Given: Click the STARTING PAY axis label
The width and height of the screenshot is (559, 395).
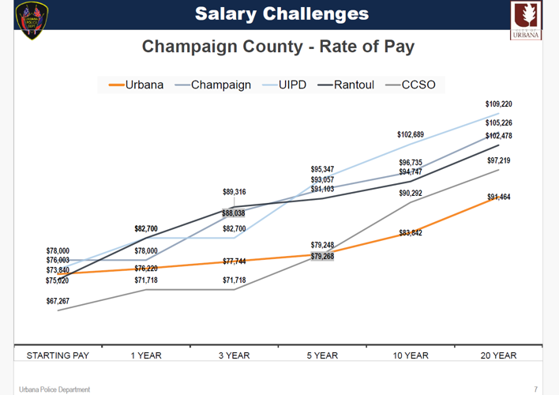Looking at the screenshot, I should point(58,355).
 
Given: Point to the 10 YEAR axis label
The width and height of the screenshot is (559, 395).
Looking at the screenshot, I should point(411,355).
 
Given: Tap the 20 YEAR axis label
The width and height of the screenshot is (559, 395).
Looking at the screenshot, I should point(498,355).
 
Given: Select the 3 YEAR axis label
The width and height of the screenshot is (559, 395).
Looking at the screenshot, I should point(234,355).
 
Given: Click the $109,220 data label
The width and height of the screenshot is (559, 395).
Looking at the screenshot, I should point(498,104).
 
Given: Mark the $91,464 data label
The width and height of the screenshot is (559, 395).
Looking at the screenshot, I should point(498,197).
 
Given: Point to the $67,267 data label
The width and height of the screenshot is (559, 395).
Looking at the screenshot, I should point(58,300).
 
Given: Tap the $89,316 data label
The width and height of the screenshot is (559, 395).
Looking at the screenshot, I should point(234,192).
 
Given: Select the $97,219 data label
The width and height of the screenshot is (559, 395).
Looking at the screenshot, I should point(498,160).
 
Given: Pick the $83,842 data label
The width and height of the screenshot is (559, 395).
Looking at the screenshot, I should point(411,232).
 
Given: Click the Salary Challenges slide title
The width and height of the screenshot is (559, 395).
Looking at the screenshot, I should point(281,13).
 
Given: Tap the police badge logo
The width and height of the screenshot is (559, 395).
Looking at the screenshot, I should point(32,21).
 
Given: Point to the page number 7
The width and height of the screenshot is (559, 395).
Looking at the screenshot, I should point(535,389).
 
